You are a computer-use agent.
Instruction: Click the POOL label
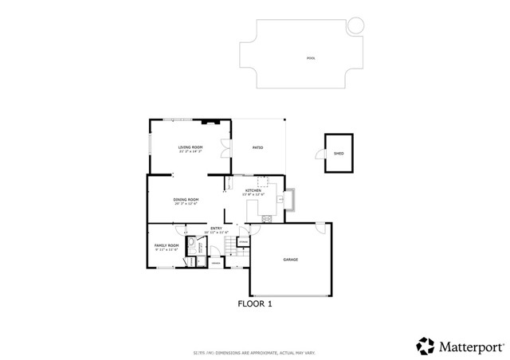(310, 58)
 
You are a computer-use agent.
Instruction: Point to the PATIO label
(258, 147)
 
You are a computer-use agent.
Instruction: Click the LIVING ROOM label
(190, 148)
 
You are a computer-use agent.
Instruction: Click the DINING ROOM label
(186, 201)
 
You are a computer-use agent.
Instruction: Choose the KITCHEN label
(253, 191)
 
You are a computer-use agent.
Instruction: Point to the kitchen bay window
(291, 198)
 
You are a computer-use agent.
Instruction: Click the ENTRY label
(215, 229)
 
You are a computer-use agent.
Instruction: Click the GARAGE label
(290, 260)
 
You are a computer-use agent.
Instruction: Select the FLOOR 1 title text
(255, 303)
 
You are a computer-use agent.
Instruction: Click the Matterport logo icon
(425, 345)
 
